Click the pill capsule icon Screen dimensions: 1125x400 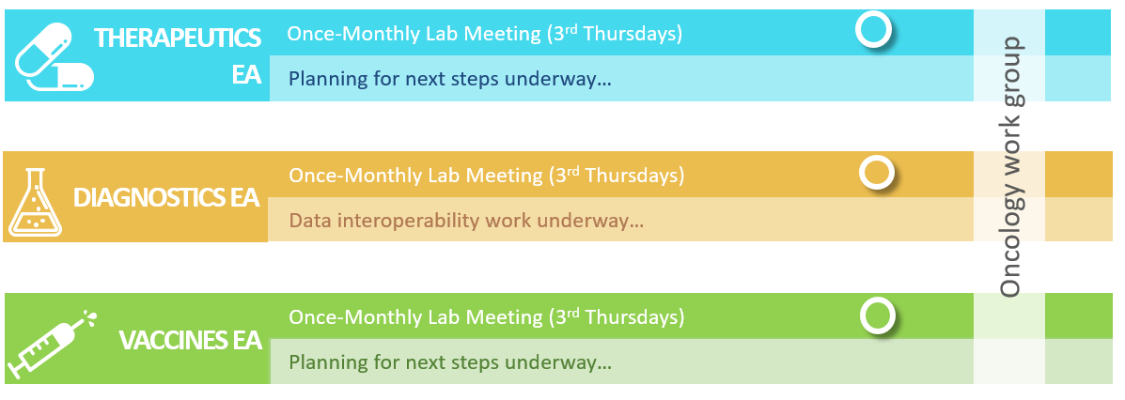[55, 56]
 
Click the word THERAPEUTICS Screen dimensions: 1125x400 [178, 38]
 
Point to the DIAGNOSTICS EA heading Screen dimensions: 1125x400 [165, 197]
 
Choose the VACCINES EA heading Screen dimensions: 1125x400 [190, 341]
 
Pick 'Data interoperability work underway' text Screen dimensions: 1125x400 [466, 221]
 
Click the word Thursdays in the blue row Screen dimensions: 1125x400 [633, 34]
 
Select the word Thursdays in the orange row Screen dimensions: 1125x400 [634, 176]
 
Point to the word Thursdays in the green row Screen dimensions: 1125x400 [634, 316]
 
